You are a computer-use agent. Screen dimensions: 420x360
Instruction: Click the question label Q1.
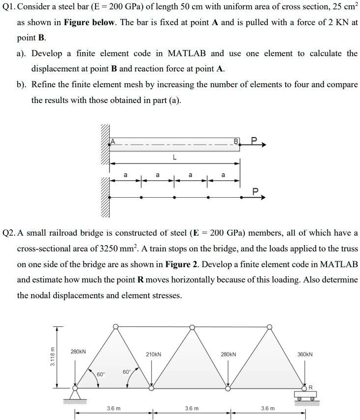tap(9, 7)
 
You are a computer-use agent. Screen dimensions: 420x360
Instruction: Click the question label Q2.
tap(9, 233)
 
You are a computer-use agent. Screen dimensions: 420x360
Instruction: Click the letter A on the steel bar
tap(112, 141)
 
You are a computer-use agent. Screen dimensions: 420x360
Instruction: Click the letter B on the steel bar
tap(236, 141)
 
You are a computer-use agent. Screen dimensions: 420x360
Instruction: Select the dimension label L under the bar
tap(173, 158)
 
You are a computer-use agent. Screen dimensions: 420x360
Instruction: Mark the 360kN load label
tap(305, 354)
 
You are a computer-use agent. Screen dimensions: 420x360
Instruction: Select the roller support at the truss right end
tap(305, 395)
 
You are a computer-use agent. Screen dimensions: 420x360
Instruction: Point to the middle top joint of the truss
tap(192, 326)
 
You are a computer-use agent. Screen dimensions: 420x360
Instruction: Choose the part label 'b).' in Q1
tap(21, 84)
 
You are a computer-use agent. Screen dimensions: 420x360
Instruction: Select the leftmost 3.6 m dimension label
tap(114, 409)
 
